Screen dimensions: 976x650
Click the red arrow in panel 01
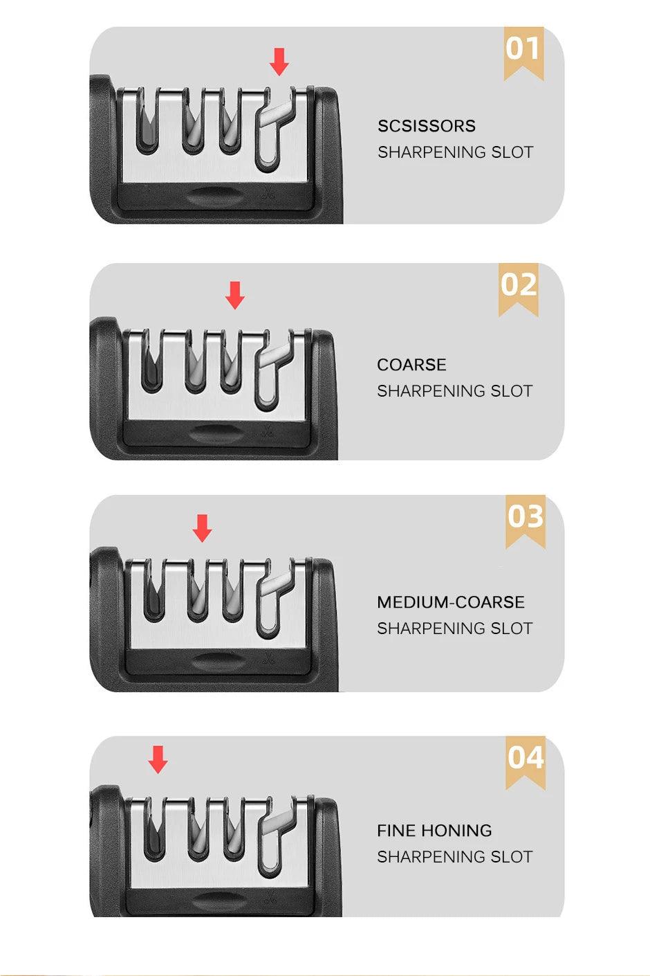(x=279, y=62)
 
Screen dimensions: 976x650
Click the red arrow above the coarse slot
(x=235, y=295)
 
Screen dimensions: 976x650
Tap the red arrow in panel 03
(x=202, y=527)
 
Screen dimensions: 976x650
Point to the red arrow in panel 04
(x=158, y=759)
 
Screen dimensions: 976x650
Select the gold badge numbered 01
(x=523, y=51)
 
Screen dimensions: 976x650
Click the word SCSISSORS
(x=427, y=126)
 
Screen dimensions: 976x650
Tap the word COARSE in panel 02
(x=411, y=365)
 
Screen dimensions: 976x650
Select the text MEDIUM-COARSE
(x=451, y=602)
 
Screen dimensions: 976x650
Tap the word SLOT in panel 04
(x=512, y=857)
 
